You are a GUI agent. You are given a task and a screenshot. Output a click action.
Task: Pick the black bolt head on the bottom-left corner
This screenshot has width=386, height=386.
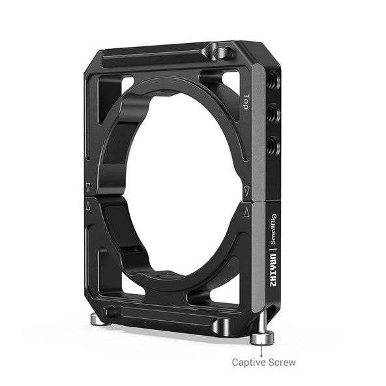coord(110,312)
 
